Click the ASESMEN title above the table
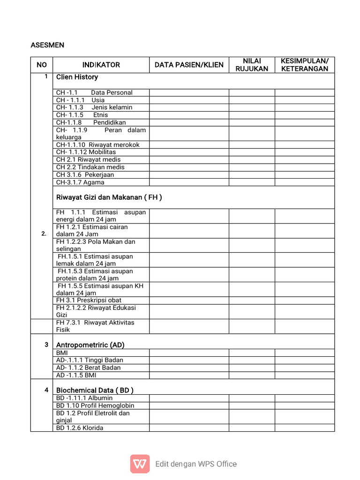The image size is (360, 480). pyautogui.click(x=47, y=45)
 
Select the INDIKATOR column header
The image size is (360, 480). pyautogui.click(x=101, y=65)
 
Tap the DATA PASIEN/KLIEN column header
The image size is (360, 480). pyautogui.click(x=189, y=65)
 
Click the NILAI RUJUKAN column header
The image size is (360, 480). pyautogui.click(x=252, y=65)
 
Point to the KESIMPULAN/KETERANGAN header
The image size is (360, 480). pyautogui.click(x=304, y=65)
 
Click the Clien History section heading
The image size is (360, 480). pyautogui.click(x=77, y=77)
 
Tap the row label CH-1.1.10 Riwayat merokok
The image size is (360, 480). pyautogui.click(x=98, y=145)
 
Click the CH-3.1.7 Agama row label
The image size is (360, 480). pyautogui.click(x=80, y=182)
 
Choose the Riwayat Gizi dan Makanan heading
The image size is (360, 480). pyautogui.click(x=109, y=197)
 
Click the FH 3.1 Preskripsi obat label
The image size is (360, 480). pyautogui.click(x=89, y=300)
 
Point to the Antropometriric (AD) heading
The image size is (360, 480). pyautogui.click(x=90, y=345)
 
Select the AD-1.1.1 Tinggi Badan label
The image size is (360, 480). pyautogui.click(x=90, y=360)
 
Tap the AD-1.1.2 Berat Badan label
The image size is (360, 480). pyautogui.click(x=89, y=368)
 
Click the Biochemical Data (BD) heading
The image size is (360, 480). pyautogui.click(x=95, y=390)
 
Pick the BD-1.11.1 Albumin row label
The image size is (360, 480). pyautogui.click(x=84, y=398)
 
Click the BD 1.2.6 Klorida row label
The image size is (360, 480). pyautogui.click(x=80, y=428)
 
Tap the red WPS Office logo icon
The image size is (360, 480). pyautogui.click(x=140, y=464)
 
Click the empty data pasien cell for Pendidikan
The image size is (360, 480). pyautogui.click(x=189, y=122)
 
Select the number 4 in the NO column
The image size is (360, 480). pyautogui.click(x=46, y=390)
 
